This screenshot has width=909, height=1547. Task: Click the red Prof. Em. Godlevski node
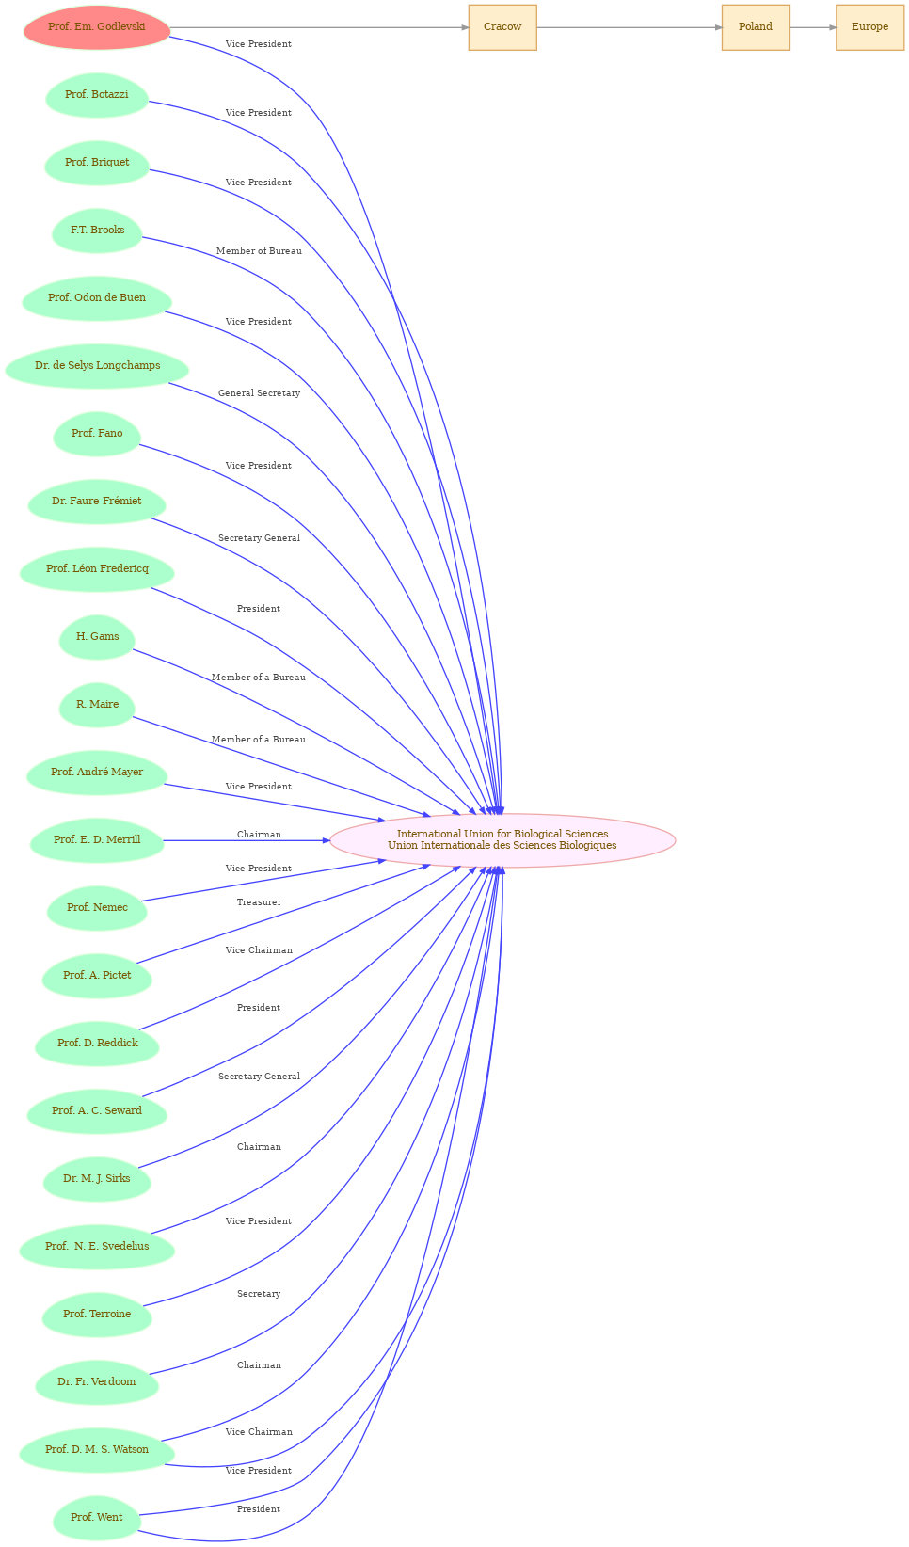click(97, 27)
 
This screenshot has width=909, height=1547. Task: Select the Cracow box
click(502, 27)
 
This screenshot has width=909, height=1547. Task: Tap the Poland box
click(756, 27)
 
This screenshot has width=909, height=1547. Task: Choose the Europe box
click(869, 27)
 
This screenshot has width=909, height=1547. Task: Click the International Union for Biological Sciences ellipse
click(502, 839)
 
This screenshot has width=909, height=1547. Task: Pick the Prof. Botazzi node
click(97, 95)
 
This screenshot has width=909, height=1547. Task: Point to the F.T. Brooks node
click(97, 231)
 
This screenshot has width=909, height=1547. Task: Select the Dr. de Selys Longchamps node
click(97, 366)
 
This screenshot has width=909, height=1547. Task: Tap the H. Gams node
click(97, 637)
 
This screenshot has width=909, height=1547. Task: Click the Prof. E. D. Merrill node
click(97, 839)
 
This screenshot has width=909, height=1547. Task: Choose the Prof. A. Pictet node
click(97, 975)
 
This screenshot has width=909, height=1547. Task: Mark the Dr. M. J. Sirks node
click(97, 1178)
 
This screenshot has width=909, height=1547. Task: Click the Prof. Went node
click(97, 1517)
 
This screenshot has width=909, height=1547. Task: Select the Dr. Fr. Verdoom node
click(97, 1381)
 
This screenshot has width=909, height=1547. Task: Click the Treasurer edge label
click(259, 902)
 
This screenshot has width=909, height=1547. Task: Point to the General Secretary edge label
click(259, 393)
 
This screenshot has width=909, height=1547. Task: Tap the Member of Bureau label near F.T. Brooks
click(259, 251)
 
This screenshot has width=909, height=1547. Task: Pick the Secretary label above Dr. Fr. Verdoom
click(259, 1294)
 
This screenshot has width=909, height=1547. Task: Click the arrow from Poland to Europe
click(813, 27)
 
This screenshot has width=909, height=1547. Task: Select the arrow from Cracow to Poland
click(630, 27)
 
